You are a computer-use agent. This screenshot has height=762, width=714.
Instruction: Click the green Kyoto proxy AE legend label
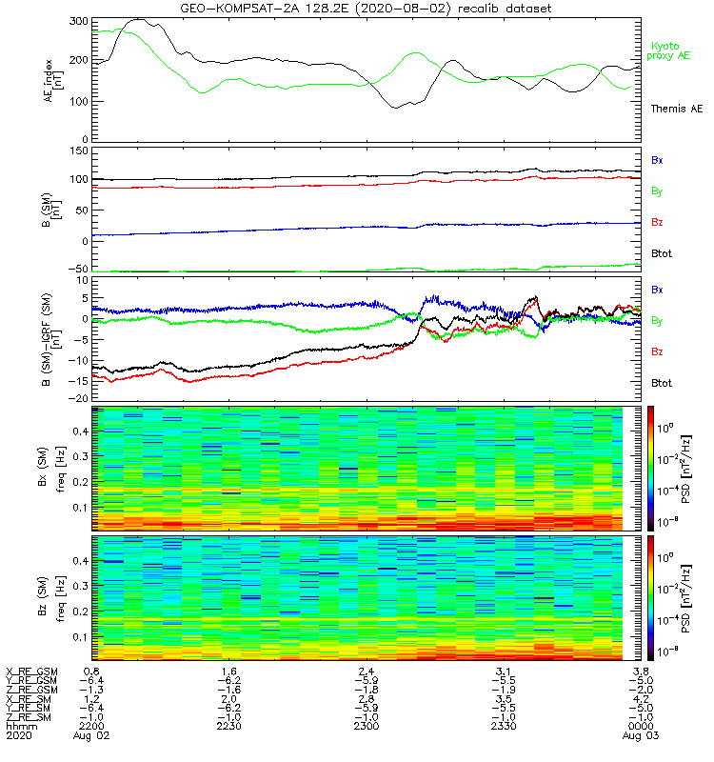click(x=671, y=51)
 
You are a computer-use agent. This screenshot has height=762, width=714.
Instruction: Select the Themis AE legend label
click(x=671, y=110)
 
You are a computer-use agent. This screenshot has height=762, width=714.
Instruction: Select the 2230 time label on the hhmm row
click(x=228, y=726)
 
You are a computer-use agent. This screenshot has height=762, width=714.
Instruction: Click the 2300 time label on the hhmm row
click(x=365, y=726)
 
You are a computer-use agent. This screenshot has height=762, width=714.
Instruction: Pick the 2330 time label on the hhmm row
click(x=501, y=726)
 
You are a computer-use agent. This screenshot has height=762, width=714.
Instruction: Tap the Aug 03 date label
click(x=636, y=736)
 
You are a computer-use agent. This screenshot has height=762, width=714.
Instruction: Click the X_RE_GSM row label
click(x=32, y=672)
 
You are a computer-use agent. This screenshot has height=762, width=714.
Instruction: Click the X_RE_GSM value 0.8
click(x=92, y=672)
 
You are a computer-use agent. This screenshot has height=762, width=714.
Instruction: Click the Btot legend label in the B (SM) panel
click(x=662, y=253)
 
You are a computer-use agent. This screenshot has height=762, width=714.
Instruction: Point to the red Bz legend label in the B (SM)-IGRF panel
click(x=657, y=351)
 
